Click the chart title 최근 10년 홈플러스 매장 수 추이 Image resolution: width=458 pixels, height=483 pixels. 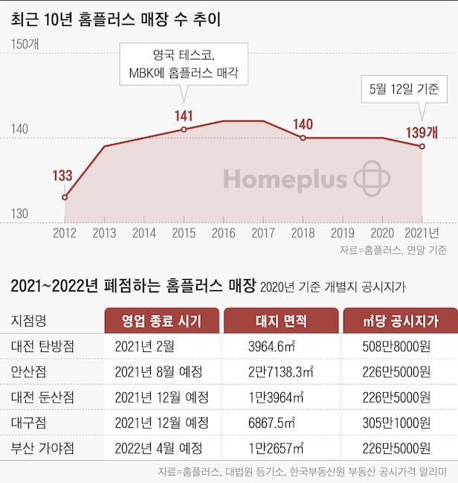tap(116, 19)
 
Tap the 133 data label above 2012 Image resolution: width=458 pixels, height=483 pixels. tap(62, 176)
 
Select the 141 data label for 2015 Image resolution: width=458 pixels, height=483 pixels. tap(184, 115)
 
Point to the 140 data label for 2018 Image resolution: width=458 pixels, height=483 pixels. tap(303, 124)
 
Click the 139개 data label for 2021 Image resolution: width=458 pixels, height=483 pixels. tap(422, 132)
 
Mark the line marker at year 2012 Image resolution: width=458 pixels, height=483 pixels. tap(65, 197)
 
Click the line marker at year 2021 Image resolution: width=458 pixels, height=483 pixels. tap(422, 146)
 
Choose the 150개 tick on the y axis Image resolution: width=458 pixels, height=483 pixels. tap(25, 44)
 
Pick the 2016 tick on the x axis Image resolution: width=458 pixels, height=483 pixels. tap(223, 233)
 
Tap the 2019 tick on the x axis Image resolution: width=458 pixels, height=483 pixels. tap(342, 233)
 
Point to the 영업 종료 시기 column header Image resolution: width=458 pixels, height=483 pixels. tap(161, 321)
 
